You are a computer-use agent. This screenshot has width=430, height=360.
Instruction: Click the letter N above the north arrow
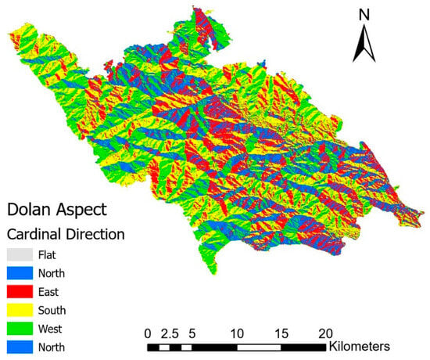click(x=363, y=14)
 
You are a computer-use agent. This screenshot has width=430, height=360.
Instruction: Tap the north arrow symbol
click(x=363, y=42)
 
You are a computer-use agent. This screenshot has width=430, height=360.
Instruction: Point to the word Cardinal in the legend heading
click(x=36, y=234)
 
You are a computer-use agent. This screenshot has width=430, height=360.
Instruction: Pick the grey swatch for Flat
click(x=23, y=254)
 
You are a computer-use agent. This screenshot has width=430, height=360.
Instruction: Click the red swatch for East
click(x=23, y=291)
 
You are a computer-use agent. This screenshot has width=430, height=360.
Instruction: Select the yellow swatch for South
click(x=23, y=310)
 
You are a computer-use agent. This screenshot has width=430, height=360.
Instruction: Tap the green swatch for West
click(x=23, y=329)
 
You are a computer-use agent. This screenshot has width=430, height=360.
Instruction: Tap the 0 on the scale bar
click(x=149, y=331)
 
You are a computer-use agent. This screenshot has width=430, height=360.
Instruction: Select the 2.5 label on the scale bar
click(x=170, y=331)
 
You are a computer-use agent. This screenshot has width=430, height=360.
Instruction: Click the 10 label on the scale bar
click(x=237, y=331)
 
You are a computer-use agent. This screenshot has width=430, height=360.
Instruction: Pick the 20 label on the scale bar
click(x=327, y=331)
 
